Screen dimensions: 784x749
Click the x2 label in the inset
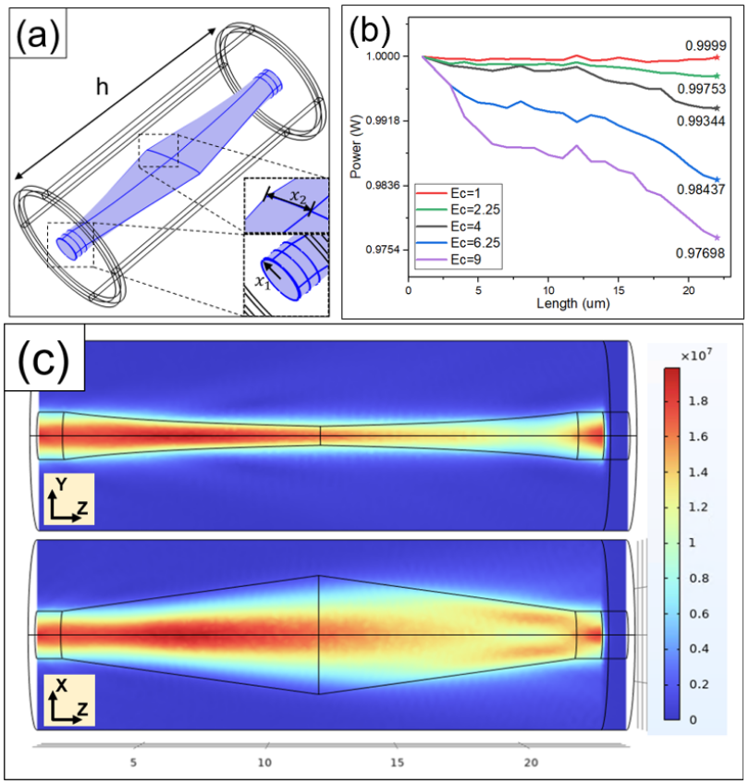(x=296, y=197)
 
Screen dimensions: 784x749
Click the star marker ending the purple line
(x=717, y=238)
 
